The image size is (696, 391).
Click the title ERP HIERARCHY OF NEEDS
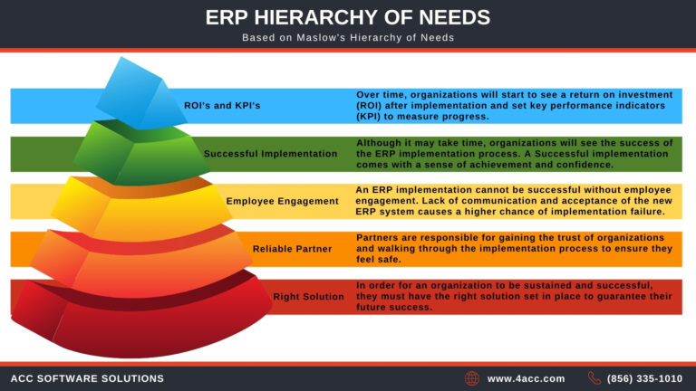coord(348,18)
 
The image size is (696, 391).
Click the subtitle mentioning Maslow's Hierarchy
coord(348,38)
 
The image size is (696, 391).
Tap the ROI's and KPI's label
coord(222,106)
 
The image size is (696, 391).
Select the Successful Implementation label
coord(270,154)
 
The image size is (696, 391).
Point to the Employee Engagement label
coord(282,201)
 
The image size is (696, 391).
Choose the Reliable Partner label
coord(293,248)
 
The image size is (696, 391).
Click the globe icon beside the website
coord(472,378)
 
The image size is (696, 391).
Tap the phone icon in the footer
coord(594,378)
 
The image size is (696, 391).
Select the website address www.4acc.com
coord(526,378)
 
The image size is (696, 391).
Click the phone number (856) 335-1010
coord(645,378)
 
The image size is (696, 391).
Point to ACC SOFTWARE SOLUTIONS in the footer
coord(87,378)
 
